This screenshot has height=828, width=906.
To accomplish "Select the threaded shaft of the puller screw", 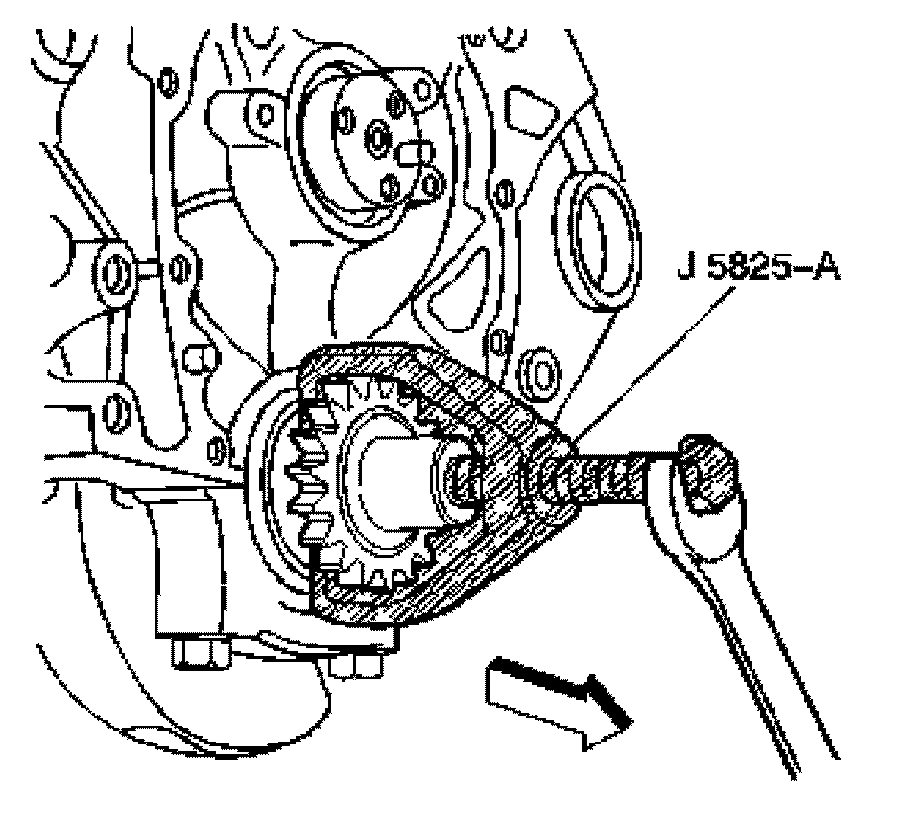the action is pos(605,474).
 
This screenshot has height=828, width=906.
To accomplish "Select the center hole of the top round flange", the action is pos(378,141).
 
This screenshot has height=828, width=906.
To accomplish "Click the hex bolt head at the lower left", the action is pos(200,653).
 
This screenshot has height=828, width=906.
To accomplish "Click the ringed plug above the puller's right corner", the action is pos(536,370).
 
